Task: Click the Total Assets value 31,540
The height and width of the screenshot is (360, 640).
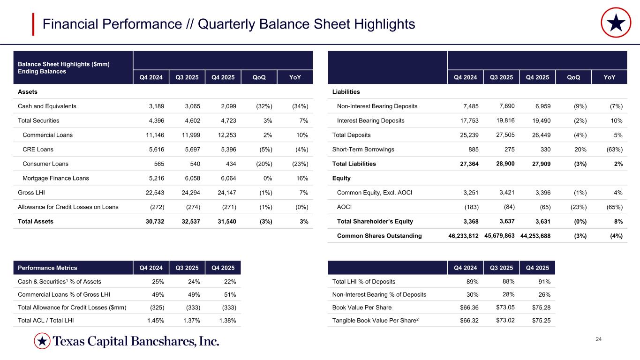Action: pos(226,221)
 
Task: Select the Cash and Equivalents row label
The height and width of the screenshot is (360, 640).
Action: pos(47,106)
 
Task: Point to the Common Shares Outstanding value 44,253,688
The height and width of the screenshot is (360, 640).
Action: pos(535,236)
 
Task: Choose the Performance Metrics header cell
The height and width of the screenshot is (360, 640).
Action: pos(47,268)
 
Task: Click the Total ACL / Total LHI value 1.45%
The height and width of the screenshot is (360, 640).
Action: pos(152,321)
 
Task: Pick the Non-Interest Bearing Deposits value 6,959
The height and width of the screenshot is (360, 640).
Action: pos(541,106)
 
